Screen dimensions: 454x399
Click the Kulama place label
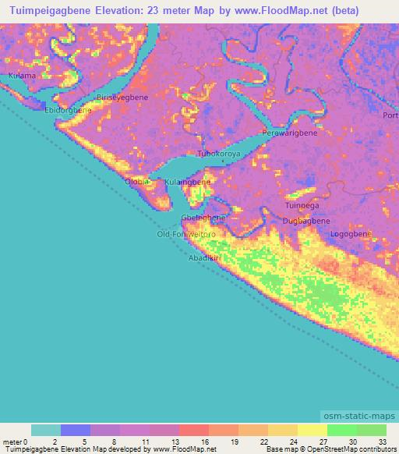[x=22, y=76]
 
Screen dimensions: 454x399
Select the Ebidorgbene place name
[x=68, y=110]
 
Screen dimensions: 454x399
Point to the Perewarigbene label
[x=290, y=133]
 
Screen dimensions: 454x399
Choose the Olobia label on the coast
[x=137, y=182]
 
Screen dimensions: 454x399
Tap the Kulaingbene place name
[x=188, y=182]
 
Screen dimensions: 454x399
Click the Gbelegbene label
[x=203, y=218]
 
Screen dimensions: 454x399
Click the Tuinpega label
[x=302, y=206]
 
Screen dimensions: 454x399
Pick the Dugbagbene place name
[x=305, y=222]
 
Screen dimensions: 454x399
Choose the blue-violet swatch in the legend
[x=76, y=430]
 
